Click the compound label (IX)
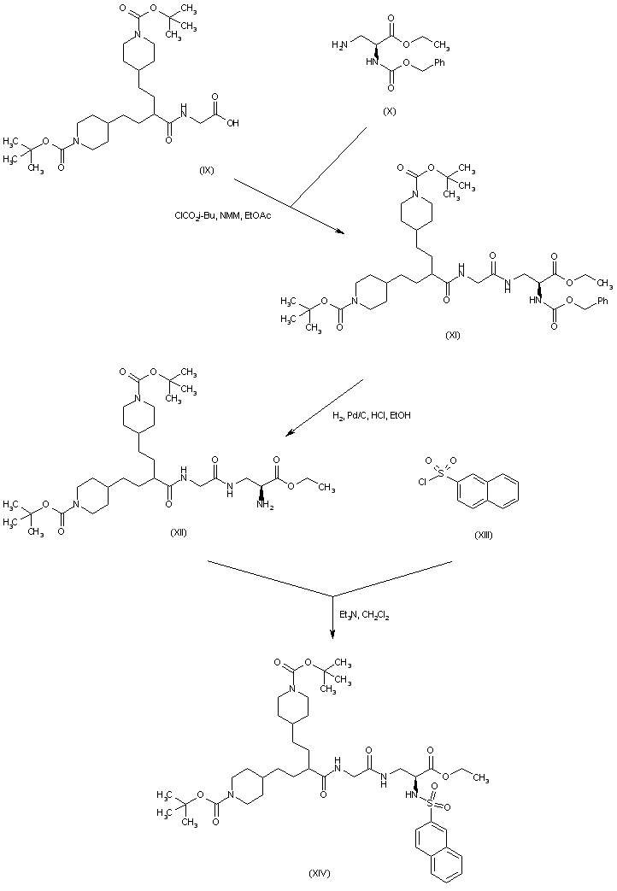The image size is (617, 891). pos(206,169)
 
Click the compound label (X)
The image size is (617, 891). pos(390,111)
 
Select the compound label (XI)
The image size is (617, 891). pos(453,336)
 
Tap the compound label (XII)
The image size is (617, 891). pos(179,532)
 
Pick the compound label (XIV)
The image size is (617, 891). pos(319,872)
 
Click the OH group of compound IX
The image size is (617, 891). pos(232,122)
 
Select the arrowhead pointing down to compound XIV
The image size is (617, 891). pos(332,634)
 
